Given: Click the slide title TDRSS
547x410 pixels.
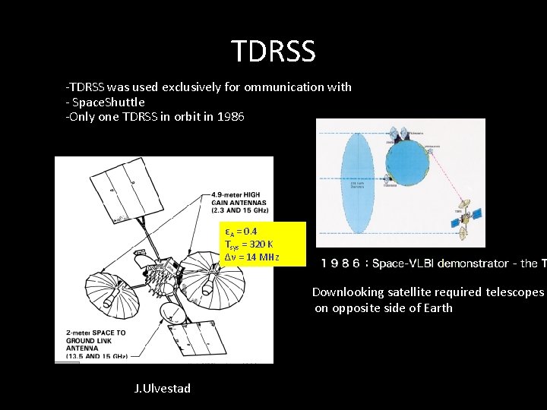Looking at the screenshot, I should coord(273,51).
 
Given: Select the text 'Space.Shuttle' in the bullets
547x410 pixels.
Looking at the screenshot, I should coord(108,102).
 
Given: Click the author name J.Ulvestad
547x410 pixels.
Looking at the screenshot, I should coord(162,388).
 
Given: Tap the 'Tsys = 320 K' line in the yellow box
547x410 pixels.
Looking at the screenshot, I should coord(250,244).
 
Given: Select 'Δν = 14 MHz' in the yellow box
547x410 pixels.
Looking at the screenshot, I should coord(252,257).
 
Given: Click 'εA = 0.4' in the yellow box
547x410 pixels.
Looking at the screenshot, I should coord(241,231).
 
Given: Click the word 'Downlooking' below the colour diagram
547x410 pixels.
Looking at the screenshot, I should coord(349,292).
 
